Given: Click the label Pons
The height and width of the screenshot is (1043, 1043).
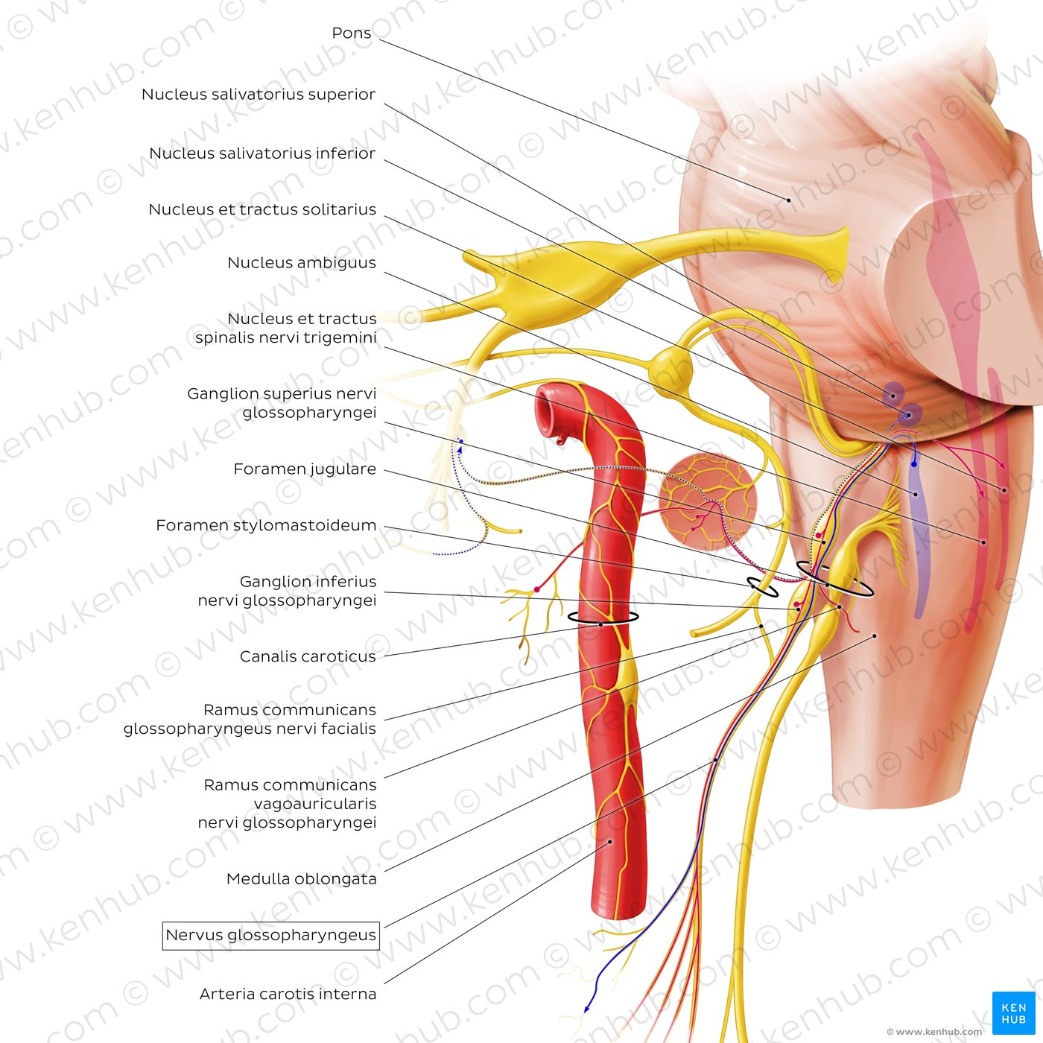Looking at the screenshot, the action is (352, 33).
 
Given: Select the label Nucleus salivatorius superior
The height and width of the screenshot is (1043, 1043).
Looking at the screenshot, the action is (259, 94).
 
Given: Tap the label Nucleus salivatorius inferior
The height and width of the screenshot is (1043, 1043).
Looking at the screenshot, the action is (262, 153).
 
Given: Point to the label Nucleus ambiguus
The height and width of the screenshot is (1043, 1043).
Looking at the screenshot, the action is (302, 262).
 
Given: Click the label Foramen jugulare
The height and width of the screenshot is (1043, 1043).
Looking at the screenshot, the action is (305, 469).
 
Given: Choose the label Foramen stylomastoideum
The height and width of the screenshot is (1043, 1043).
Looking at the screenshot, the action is (266, 525).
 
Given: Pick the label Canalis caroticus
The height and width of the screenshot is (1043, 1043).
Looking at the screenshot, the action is (308, 656).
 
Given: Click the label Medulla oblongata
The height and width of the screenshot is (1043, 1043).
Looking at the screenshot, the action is (302, 878).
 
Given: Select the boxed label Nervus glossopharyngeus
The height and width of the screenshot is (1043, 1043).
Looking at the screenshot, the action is (270, 935).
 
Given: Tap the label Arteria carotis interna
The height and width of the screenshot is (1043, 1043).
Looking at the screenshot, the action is (288, 994).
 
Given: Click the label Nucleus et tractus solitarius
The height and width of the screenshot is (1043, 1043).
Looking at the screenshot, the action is (262, 209).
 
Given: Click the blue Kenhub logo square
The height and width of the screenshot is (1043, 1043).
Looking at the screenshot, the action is (1013, 1012).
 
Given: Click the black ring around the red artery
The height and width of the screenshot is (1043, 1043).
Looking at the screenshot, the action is (603, 618).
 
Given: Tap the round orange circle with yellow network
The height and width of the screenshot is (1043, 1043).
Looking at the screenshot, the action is (708, 501).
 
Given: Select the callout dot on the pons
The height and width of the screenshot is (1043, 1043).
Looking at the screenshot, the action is (789, 200).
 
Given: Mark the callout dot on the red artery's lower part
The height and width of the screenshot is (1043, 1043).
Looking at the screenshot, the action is (610, 842).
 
